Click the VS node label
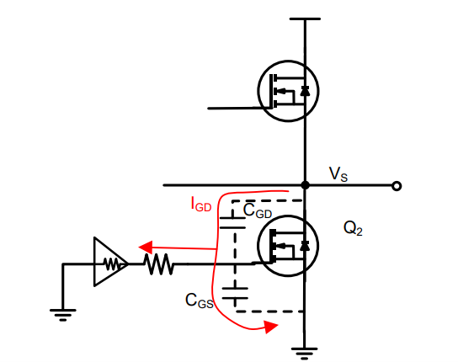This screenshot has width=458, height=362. pyautogui.click(x=338, y=174)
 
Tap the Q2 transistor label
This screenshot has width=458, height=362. pyautogui.click(x=353, y=228)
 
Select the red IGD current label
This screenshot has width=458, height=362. pyautogui.click(x=201, y=204)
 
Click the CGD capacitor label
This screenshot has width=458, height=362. pyautogui.click(x=258, y=210)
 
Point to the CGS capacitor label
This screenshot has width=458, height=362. pyautogui.click(x=200, y=301)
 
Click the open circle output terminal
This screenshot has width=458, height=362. pyautogui.click(x=397, y=186)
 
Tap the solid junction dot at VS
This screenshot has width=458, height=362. pyautogui.click(x=305, y=185)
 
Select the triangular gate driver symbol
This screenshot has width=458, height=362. pyautogui.click(x=111, y=262)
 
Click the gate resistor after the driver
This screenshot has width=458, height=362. pyautogui.click(x=159, y=264)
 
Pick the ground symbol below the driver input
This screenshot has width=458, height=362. pyautogui.click(x=63, y=315)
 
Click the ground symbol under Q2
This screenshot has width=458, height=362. pyautogui.click(x=305, y=353)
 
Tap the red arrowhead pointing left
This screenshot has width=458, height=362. pyautogui.click(x=146, y=248)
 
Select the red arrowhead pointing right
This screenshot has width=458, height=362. pyautogui.click(x=271, y=327)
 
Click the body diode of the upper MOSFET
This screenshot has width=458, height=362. pyautogui.click(x=305, y=91)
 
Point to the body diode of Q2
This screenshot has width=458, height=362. pyautogui.click(x=305, y=246)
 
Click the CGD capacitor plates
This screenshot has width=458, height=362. pyautogui.click(x=233, y=222)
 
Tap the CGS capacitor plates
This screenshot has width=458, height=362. pyautogui.click(x=235, y=293)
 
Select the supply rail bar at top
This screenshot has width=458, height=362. pyautogui.click(x=305, y=19)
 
